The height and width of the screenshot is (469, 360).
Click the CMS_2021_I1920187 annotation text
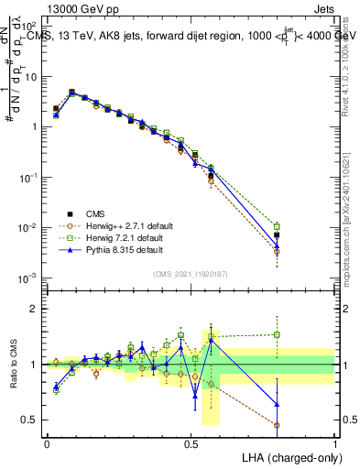coord(191,274)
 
